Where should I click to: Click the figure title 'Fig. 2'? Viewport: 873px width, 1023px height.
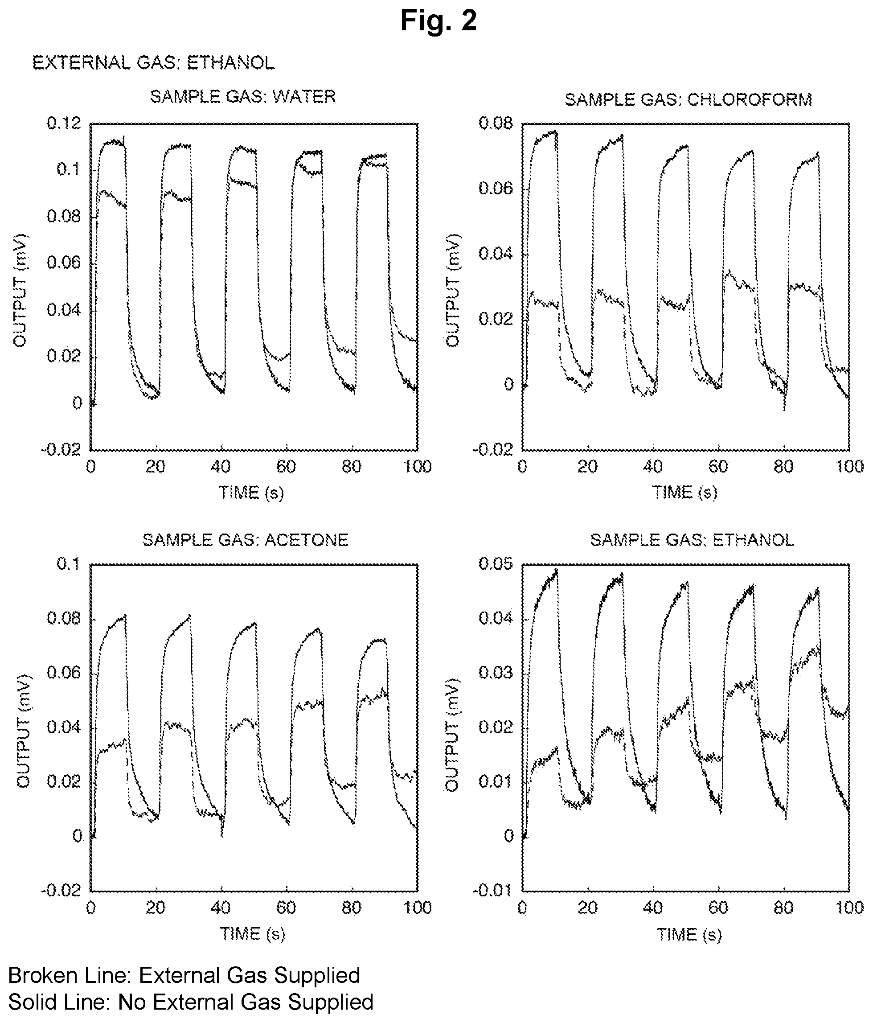coord(438,21)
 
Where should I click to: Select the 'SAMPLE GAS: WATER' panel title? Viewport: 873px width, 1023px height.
coord(243,96)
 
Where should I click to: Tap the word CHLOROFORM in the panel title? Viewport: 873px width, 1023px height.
coord(749,100)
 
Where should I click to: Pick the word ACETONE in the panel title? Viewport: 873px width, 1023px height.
coord(307,540)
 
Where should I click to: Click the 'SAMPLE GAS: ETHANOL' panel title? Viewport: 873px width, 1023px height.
coord(692,540)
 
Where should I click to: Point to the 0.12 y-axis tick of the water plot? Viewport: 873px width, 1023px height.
coord(64,123)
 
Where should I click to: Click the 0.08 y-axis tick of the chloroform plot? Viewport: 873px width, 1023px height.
coord(496,123)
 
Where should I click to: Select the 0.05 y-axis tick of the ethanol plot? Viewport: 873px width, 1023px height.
coord(496,564)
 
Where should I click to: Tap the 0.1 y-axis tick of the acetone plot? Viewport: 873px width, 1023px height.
coord(69,564)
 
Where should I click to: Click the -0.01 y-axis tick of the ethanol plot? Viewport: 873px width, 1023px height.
coord(493,891)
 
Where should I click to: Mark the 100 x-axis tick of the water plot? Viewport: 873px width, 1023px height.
coord(418,467)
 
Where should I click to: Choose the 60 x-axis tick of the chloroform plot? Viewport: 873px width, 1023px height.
coord(718,467)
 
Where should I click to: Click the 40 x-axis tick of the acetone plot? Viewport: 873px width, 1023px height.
coord(221,908)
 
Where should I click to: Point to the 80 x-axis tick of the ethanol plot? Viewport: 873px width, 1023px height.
coord(784,908)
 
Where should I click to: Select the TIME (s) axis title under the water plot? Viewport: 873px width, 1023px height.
coord(252,493)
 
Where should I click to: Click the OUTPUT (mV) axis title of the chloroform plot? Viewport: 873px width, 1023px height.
coord(453,290)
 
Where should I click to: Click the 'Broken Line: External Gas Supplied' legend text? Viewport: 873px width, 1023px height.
coord(184,975)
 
